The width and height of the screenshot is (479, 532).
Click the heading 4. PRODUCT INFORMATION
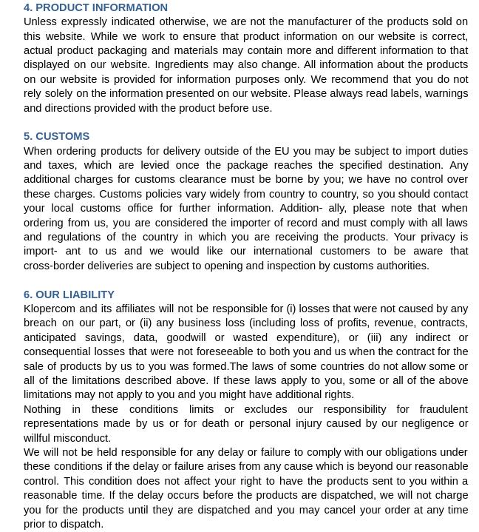coord(95,7)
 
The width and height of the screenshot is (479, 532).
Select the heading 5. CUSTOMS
coord(56,136)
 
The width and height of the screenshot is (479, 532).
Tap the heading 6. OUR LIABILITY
coord(69,294)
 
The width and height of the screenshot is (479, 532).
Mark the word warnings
coord(444,93)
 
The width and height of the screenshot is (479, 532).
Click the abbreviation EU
coord(282,151)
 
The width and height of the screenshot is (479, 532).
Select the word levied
coord(155,165)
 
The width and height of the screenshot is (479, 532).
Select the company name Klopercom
coord(50,309)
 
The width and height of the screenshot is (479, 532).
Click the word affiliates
coord(130,309)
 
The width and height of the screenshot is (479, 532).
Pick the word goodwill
coord(186,337)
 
